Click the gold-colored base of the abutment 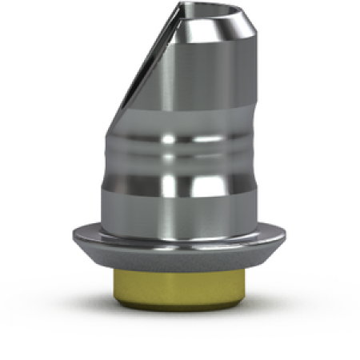point(179,287)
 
